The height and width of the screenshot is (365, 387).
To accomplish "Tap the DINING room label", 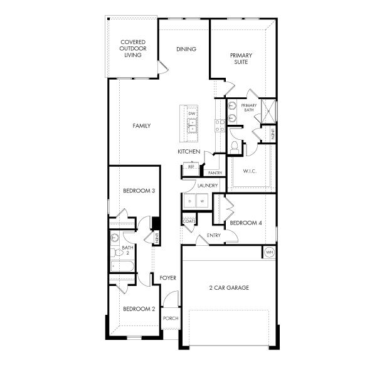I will click(186, 49).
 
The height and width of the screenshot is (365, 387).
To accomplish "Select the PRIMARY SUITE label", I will click(240, 58).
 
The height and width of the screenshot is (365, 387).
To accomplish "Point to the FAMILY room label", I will click(142, 126).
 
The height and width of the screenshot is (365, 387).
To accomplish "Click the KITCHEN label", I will click(189, 152).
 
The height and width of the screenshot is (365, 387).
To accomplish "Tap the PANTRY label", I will click(215, 172).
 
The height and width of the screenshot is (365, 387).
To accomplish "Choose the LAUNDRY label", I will click(207, 186).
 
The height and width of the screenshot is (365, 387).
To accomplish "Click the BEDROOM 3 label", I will click(139, 191).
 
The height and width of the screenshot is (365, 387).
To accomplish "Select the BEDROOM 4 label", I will click(246, 223).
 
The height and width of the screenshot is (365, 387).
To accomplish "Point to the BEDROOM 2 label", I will click(139, 309).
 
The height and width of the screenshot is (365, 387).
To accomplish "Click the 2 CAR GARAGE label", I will click(229, 288).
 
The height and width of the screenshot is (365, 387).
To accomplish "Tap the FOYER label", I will click(167, 277).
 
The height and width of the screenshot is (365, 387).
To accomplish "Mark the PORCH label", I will click(171, 318).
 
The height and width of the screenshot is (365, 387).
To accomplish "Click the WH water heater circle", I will click(269, 252).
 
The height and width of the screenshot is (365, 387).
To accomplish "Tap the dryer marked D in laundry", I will click(190, 201).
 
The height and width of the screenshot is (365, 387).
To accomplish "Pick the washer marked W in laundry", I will click(202, 201).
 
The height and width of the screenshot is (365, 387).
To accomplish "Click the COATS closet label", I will click(189, 221).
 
